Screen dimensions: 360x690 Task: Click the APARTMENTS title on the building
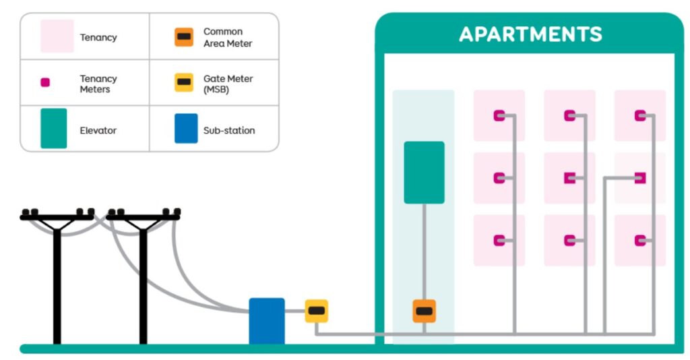530,34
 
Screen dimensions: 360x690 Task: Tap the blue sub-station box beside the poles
267,321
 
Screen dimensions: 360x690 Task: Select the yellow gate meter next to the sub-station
317,311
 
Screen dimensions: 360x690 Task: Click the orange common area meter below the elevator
424,311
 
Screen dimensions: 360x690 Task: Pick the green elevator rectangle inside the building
424,173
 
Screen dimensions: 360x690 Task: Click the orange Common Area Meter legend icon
183,37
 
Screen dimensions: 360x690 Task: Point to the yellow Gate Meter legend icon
183,83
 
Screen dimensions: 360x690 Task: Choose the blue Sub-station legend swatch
186,128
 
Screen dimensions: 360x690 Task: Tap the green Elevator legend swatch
54,128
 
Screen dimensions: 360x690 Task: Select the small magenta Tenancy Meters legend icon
45,83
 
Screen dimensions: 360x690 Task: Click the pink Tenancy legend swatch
57,36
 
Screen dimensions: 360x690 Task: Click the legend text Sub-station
229,130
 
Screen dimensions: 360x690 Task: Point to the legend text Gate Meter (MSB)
228,84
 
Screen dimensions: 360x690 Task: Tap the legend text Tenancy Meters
98,84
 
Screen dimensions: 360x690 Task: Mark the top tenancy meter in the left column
499,115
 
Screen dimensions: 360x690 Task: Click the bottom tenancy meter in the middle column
570,240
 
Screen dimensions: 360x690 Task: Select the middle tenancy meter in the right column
640,178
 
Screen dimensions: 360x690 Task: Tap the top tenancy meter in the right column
640,115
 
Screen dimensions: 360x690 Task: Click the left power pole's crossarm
57,218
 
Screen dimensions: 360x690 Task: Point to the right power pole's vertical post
143,283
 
